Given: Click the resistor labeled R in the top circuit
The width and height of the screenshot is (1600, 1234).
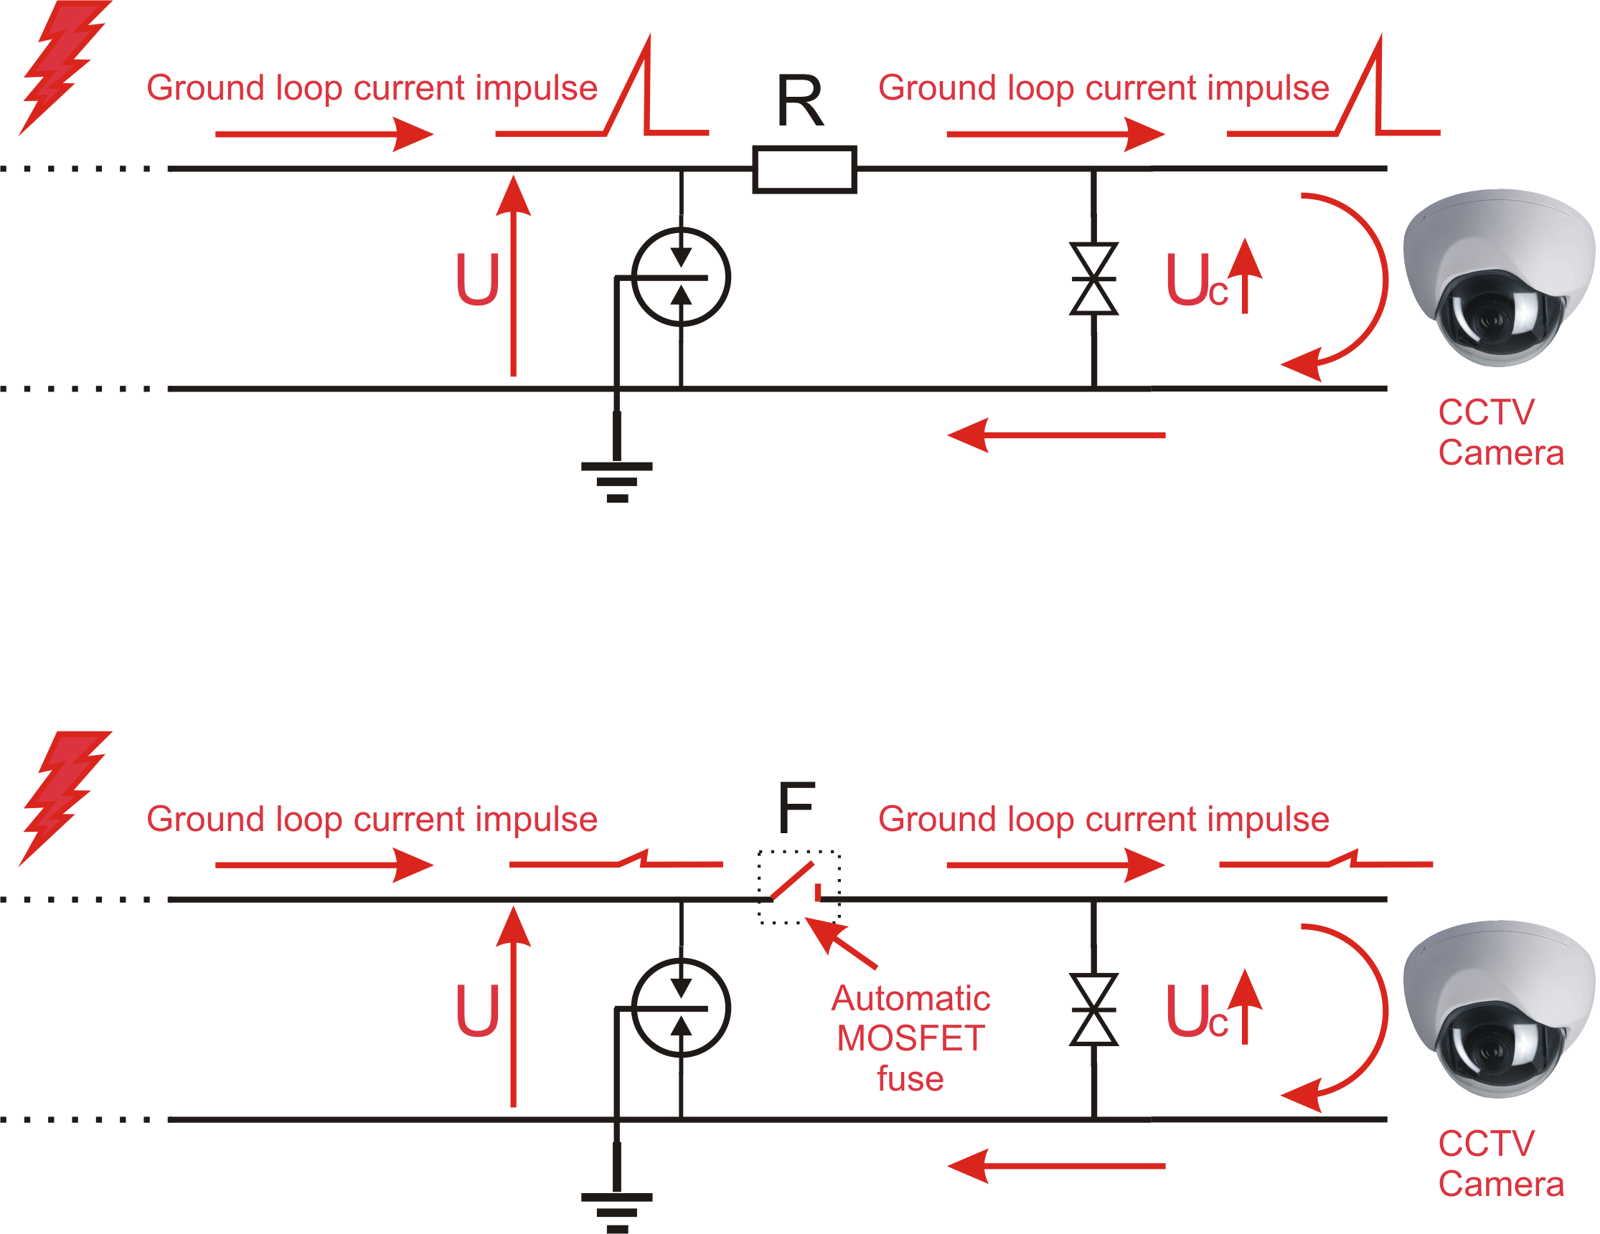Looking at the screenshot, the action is [x=804, y=170].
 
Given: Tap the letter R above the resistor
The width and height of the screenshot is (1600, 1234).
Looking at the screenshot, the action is [x=800, y=101].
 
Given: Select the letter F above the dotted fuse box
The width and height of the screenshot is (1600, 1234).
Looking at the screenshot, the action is [x=796, y=807].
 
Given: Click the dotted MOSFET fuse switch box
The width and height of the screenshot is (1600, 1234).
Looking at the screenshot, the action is [x=799, y=888].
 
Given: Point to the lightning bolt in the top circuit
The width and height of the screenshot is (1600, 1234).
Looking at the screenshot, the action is [x=65, y=67].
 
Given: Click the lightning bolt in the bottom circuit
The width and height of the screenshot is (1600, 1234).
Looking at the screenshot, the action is [x=65, y=798].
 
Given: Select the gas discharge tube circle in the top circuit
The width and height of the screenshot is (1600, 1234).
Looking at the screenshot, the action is [x=681, y=277].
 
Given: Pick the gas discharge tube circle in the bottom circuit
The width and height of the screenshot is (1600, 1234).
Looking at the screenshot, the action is [x=681, y=1007].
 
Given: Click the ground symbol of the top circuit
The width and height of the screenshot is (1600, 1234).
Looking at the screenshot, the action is [x=617, y=482].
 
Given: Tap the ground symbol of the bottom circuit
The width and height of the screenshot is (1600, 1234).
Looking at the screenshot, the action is [x=617, y=1212].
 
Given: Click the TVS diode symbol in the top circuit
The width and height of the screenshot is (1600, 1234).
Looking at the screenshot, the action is [x=1093, y=279].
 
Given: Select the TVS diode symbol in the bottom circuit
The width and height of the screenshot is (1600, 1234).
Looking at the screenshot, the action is [x=1093, y=1010].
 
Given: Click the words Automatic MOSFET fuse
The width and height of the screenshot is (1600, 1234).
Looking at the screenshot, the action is [x=910, y=1038].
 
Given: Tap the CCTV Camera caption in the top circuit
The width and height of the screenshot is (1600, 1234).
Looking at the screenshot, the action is [x=1501, y=432].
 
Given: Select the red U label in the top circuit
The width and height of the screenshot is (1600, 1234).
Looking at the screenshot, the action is [x=478, y=279].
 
